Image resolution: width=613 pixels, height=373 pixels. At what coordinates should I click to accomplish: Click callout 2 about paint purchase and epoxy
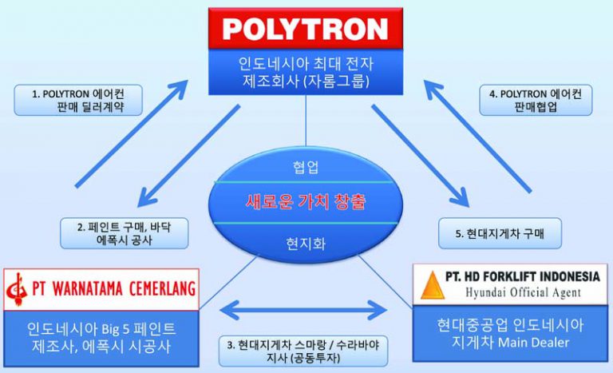click(125, 232)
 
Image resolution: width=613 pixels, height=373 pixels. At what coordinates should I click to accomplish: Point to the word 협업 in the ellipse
click(306, 168)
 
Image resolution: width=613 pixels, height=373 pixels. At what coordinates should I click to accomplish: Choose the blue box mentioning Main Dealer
click(511, 335)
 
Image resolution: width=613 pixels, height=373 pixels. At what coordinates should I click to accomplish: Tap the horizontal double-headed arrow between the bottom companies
click(307, 308)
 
